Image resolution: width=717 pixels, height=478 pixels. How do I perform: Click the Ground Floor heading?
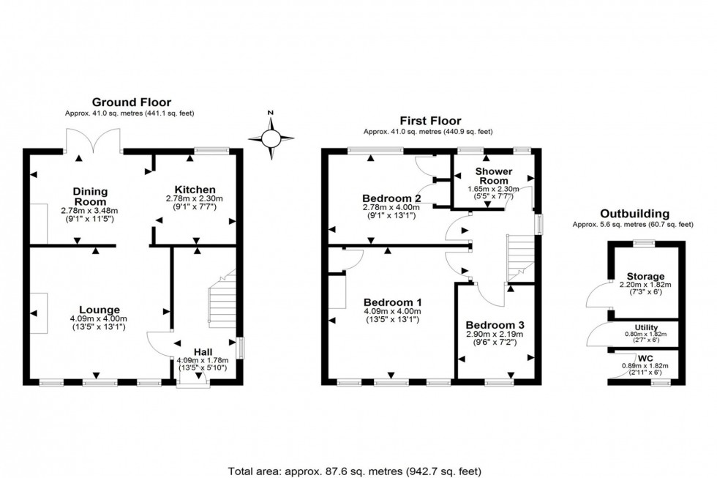(132, 102)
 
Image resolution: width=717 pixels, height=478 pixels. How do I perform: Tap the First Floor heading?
(430, 121)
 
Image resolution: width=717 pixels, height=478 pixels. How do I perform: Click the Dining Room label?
(89, 196)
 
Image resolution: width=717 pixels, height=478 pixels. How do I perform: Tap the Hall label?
(203, 351)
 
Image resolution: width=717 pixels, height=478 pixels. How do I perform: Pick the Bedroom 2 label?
(392, 198)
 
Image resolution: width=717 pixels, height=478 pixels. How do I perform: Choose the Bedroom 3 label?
(495, 324)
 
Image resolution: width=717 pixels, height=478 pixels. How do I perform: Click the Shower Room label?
(493, 176)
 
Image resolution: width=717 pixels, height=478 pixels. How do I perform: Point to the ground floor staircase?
(220, 304)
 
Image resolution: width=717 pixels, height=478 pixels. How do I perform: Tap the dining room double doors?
(93, 141)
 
